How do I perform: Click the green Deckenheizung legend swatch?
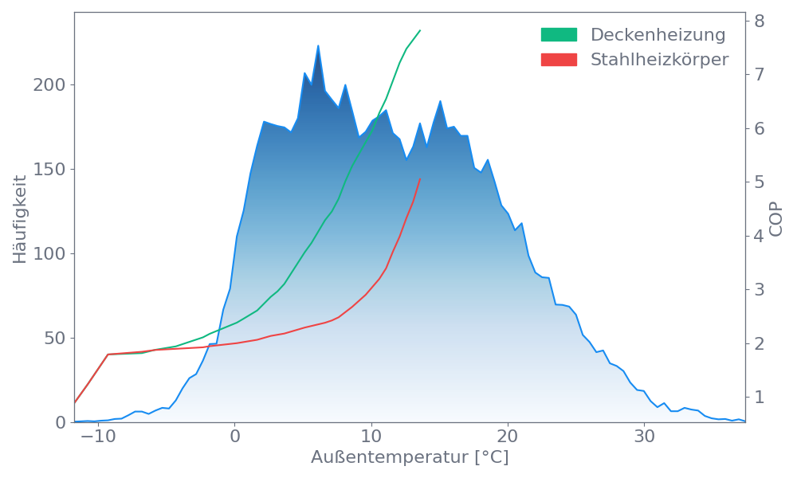pyautogui.click(x=559, y=35)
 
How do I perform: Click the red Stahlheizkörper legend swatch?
pyautogui.click(x=559, y=60)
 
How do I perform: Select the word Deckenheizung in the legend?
pyautogui.click(x=658, y=35)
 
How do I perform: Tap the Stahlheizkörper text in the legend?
pyautogui.click(x=659, y=60)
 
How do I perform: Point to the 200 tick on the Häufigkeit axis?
pyautogui.click(x=49, y=85)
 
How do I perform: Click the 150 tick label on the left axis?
pyautogui.click(x=49, y=170)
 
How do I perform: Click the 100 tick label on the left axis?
pyautogui.click(x=49, y=254)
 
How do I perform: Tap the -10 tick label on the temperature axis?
pyautogui.click(x=98, y=437)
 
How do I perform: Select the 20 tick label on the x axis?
pyautogui.click(x=508, y=437)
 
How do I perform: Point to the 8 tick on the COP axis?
pyautogui.click(x=760, y=21)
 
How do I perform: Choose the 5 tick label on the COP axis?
pyautogui.click(x=760, y=182)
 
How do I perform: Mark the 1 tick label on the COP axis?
pyautogui.click(x=760, y=397)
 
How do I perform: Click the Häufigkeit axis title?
pyautogui.click(x=20, y=219)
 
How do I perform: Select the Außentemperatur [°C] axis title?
pyautogui.click(x=410, y=458)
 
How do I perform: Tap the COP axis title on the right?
pyautogui.click(x=777, y=219)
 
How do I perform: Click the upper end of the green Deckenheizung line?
pyautogui.click(x=420, y=30)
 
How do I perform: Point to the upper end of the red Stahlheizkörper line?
pyautogui.click(x=419, y=179)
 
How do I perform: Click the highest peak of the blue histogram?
pyautogui.click(x=318, y=45)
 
